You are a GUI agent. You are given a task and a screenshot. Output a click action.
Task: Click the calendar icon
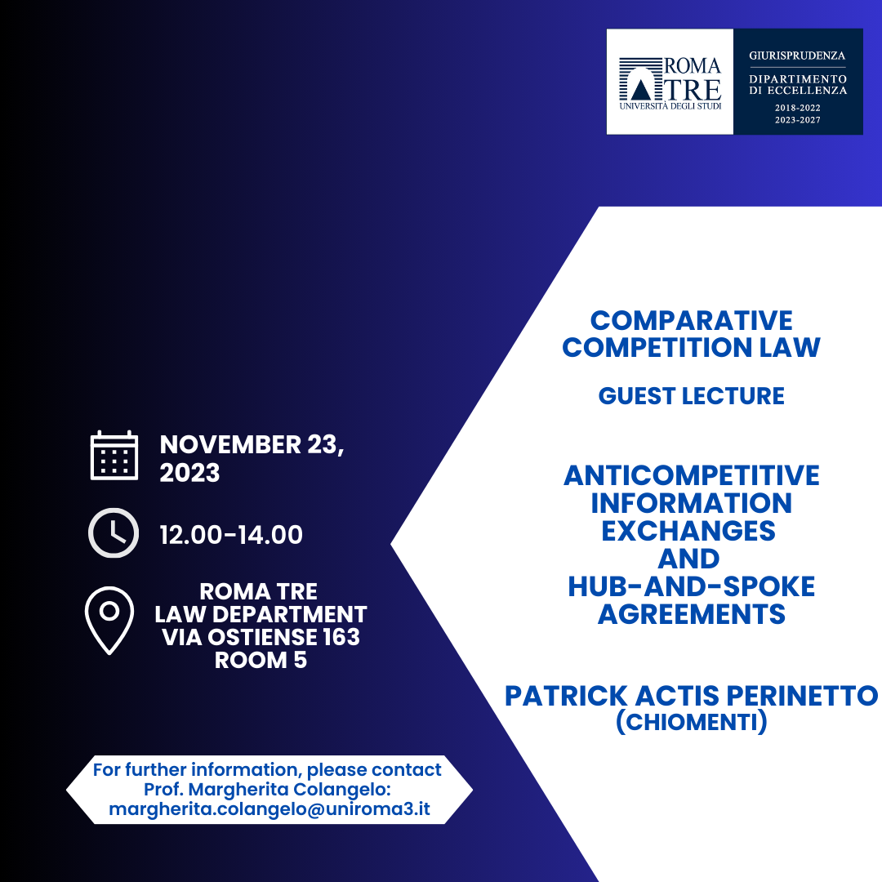114,455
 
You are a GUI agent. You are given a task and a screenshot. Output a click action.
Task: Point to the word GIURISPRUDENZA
797,56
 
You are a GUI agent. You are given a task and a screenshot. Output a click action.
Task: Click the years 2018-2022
797,108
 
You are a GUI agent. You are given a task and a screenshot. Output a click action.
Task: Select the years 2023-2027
797,120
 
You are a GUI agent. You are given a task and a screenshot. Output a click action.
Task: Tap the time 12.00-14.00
231,535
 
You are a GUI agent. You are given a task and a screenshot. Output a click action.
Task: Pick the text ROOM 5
261,660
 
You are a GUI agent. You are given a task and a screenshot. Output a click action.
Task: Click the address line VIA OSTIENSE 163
261,637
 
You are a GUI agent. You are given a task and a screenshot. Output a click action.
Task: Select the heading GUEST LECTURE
691,396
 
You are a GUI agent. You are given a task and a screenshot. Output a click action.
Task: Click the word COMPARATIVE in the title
691,320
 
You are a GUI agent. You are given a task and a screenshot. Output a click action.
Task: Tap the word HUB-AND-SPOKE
691,586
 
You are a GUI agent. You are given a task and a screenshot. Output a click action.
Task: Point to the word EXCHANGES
688,531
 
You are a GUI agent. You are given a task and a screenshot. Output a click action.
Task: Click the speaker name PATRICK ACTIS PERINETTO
691,696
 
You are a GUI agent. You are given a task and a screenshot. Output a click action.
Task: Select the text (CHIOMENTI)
691,723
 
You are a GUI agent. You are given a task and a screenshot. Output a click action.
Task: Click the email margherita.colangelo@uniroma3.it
269,810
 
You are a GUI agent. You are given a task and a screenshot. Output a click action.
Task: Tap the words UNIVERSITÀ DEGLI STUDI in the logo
670,106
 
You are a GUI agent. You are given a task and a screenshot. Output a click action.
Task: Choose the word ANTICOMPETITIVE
691,475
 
